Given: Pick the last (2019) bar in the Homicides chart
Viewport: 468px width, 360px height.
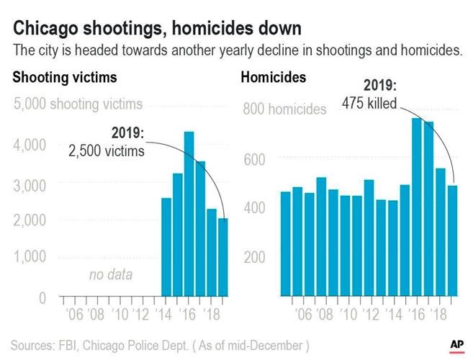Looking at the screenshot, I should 452,240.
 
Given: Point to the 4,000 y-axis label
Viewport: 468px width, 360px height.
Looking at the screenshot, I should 30,145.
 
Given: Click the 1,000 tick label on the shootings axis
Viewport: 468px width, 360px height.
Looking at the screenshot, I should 30,256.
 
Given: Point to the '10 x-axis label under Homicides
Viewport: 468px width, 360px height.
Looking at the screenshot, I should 349,315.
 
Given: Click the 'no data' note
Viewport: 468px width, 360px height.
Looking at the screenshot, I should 111,275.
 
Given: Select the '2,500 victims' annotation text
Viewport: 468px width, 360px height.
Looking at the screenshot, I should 107,151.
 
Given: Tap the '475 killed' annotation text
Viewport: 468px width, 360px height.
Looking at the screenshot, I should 369,104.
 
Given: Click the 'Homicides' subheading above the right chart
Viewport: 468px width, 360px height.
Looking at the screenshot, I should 274,76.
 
